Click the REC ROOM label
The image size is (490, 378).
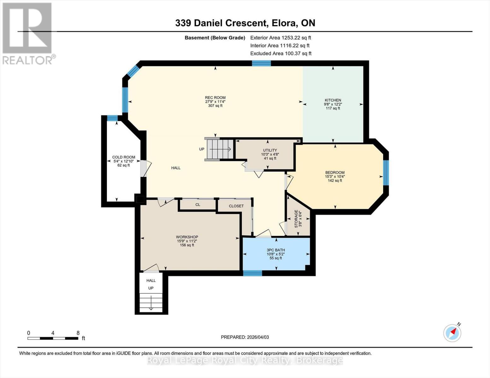coord(215,97)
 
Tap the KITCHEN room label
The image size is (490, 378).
coord(333,100)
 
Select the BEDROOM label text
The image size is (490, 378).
coord(335,173)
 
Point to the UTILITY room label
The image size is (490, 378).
coord(270,150)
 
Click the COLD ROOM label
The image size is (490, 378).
coord(124,157)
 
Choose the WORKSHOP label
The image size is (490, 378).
coord(187,237)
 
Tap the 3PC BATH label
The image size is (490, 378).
coord(275,250)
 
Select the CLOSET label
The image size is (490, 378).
coord(236,206)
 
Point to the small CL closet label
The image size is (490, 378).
coord(198,205)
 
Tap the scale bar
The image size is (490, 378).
coord(53,338)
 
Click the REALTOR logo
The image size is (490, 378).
coord(28,34)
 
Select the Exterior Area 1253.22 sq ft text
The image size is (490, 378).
coord(280,37)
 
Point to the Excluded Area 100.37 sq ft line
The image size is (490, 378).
coord(281,53)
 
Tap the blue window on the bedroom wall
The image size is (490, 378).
coord(386,172)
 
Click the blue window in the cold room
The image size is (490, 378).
coord(112,118)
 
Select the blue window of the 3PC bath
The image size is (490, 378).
coord(252,273)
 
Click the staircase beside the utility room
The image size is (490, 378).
coord(220,149)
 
